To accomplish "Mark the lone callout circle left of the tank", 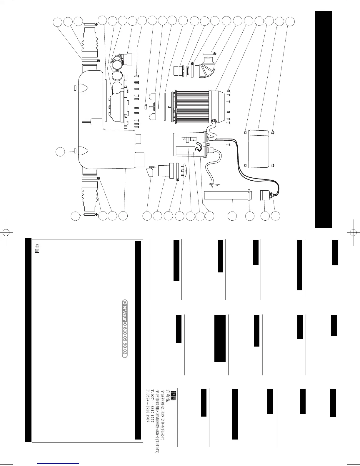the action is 60,152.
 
